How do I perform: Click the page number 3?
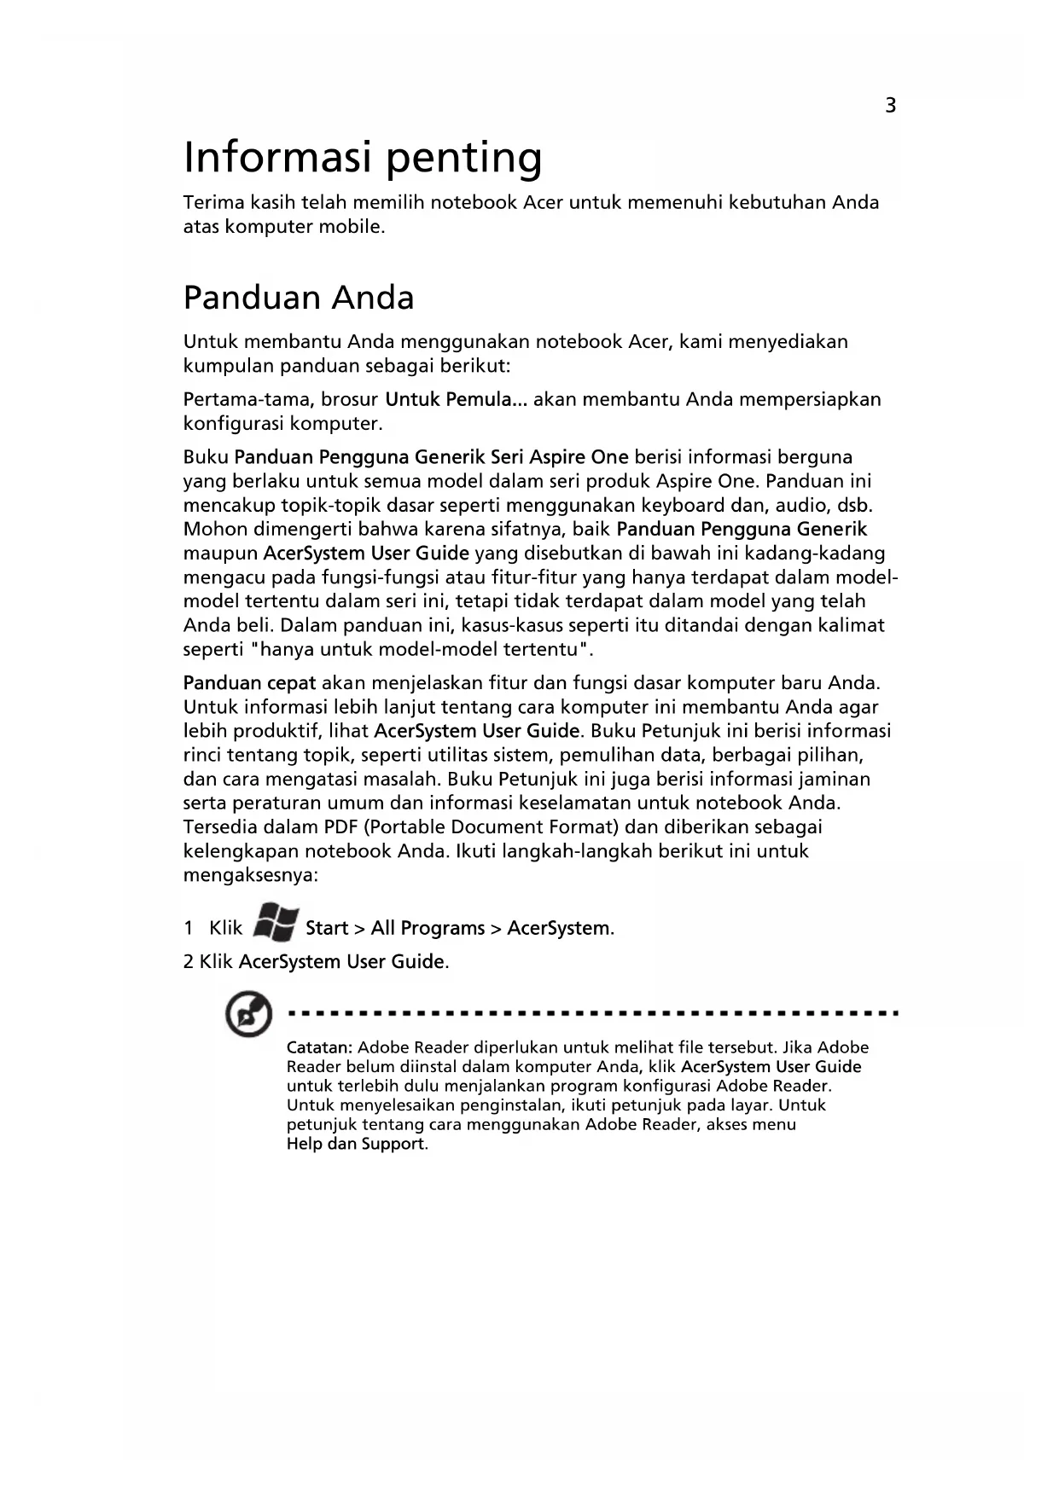tap(890, 106)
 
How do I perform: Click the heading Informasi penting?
tap(363, 158)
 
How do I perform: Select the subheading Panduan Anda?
tap(299, 298)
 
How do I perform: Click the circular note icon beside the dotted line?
tap(248, 1015)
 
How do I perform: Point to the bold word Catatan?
tap(319, 1047)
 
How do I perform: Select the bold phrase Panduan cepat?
tap(250, 683)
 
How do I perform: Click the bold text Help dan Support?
tap(355, 1144)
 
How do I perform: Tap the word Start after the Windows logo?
tap(327, 928)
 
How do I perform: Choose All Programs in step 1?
tap(428, 928)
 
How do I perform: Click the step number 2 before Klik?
tap(189, 962)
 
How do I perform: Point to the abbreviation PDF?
tap(341, 826)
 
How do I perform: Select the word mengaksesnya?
tap(250, 875)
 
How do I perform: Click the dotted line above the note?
tap(593, 1014)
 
